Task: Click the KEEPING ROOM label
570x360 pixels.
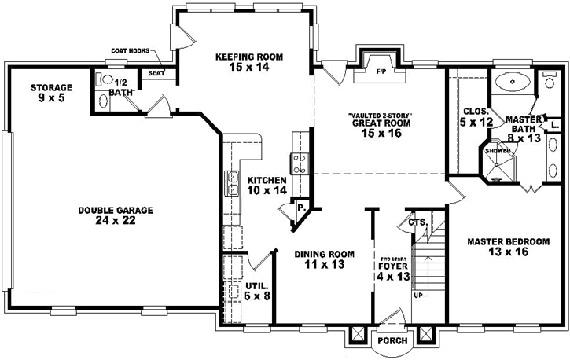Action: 248,57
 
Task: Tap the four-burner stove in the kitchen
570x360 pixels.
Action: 300,163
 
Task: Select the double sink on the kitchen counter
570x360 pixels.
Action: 234,183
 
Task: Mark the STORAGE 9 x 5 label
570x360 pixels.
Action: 51,93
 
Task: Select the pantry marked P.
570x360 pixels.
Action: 300,209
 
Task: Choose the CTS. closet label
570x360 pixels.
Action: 417,223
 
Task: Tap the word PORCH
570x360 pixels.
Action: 390,341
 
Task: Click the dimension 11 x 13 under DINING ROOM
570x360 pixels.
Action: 324,265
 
